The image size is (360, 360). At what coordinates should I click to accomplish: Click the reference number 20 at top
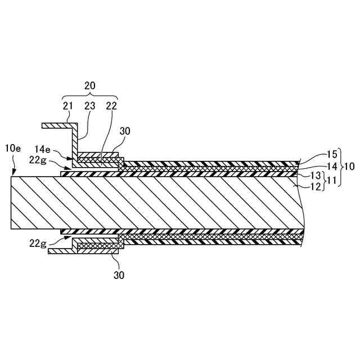coord(89,85)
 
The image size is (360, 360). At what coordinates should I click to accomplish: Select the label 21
coord(68,105)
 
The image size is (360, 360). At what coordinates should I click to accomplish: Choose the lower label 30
coord(119,275)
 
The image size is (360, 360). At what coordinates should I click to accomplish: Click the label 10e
coord(13,148)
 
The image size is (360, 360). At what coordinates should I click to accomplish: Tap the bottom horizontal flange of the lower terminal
coord(62,251)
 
